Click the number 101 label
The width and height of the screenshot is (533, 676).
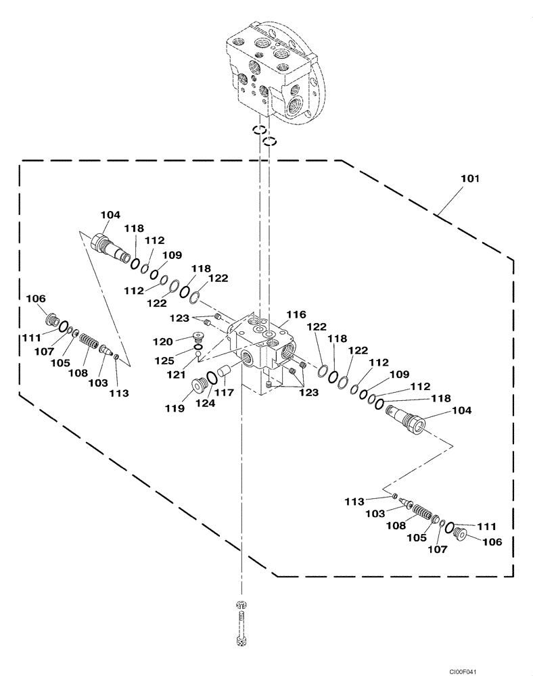coord(469,179)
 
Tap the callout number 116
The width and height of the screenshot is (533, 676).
coord(296,314)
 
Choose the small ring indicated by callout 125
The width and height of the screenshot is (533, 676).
coord(198,348)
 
